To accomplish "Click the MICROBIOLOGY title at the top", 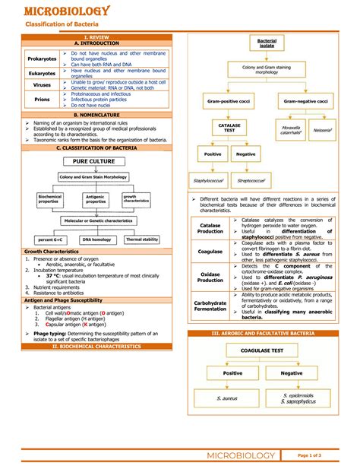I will pos(68,11).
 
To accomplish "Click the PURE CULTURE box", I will pos(96,163).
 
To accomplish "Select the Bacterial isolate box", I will pos(267,43).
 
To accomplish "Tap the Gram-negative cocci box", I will pos(306,100).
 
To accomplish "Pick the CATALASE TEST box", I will pos(229,127).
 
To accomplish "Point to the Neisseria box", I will pos(322,131).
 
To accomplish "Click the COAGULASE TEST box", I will pos(261,350).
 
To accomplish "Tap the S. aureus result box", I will pos(228,398).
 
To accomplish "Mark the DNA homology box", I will pos(97,239).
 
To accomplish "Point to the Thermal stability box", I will pos(142,239).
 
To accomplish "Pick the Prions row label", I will pos(43,98).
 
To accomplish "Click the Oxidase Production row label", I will pos(210,277).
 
